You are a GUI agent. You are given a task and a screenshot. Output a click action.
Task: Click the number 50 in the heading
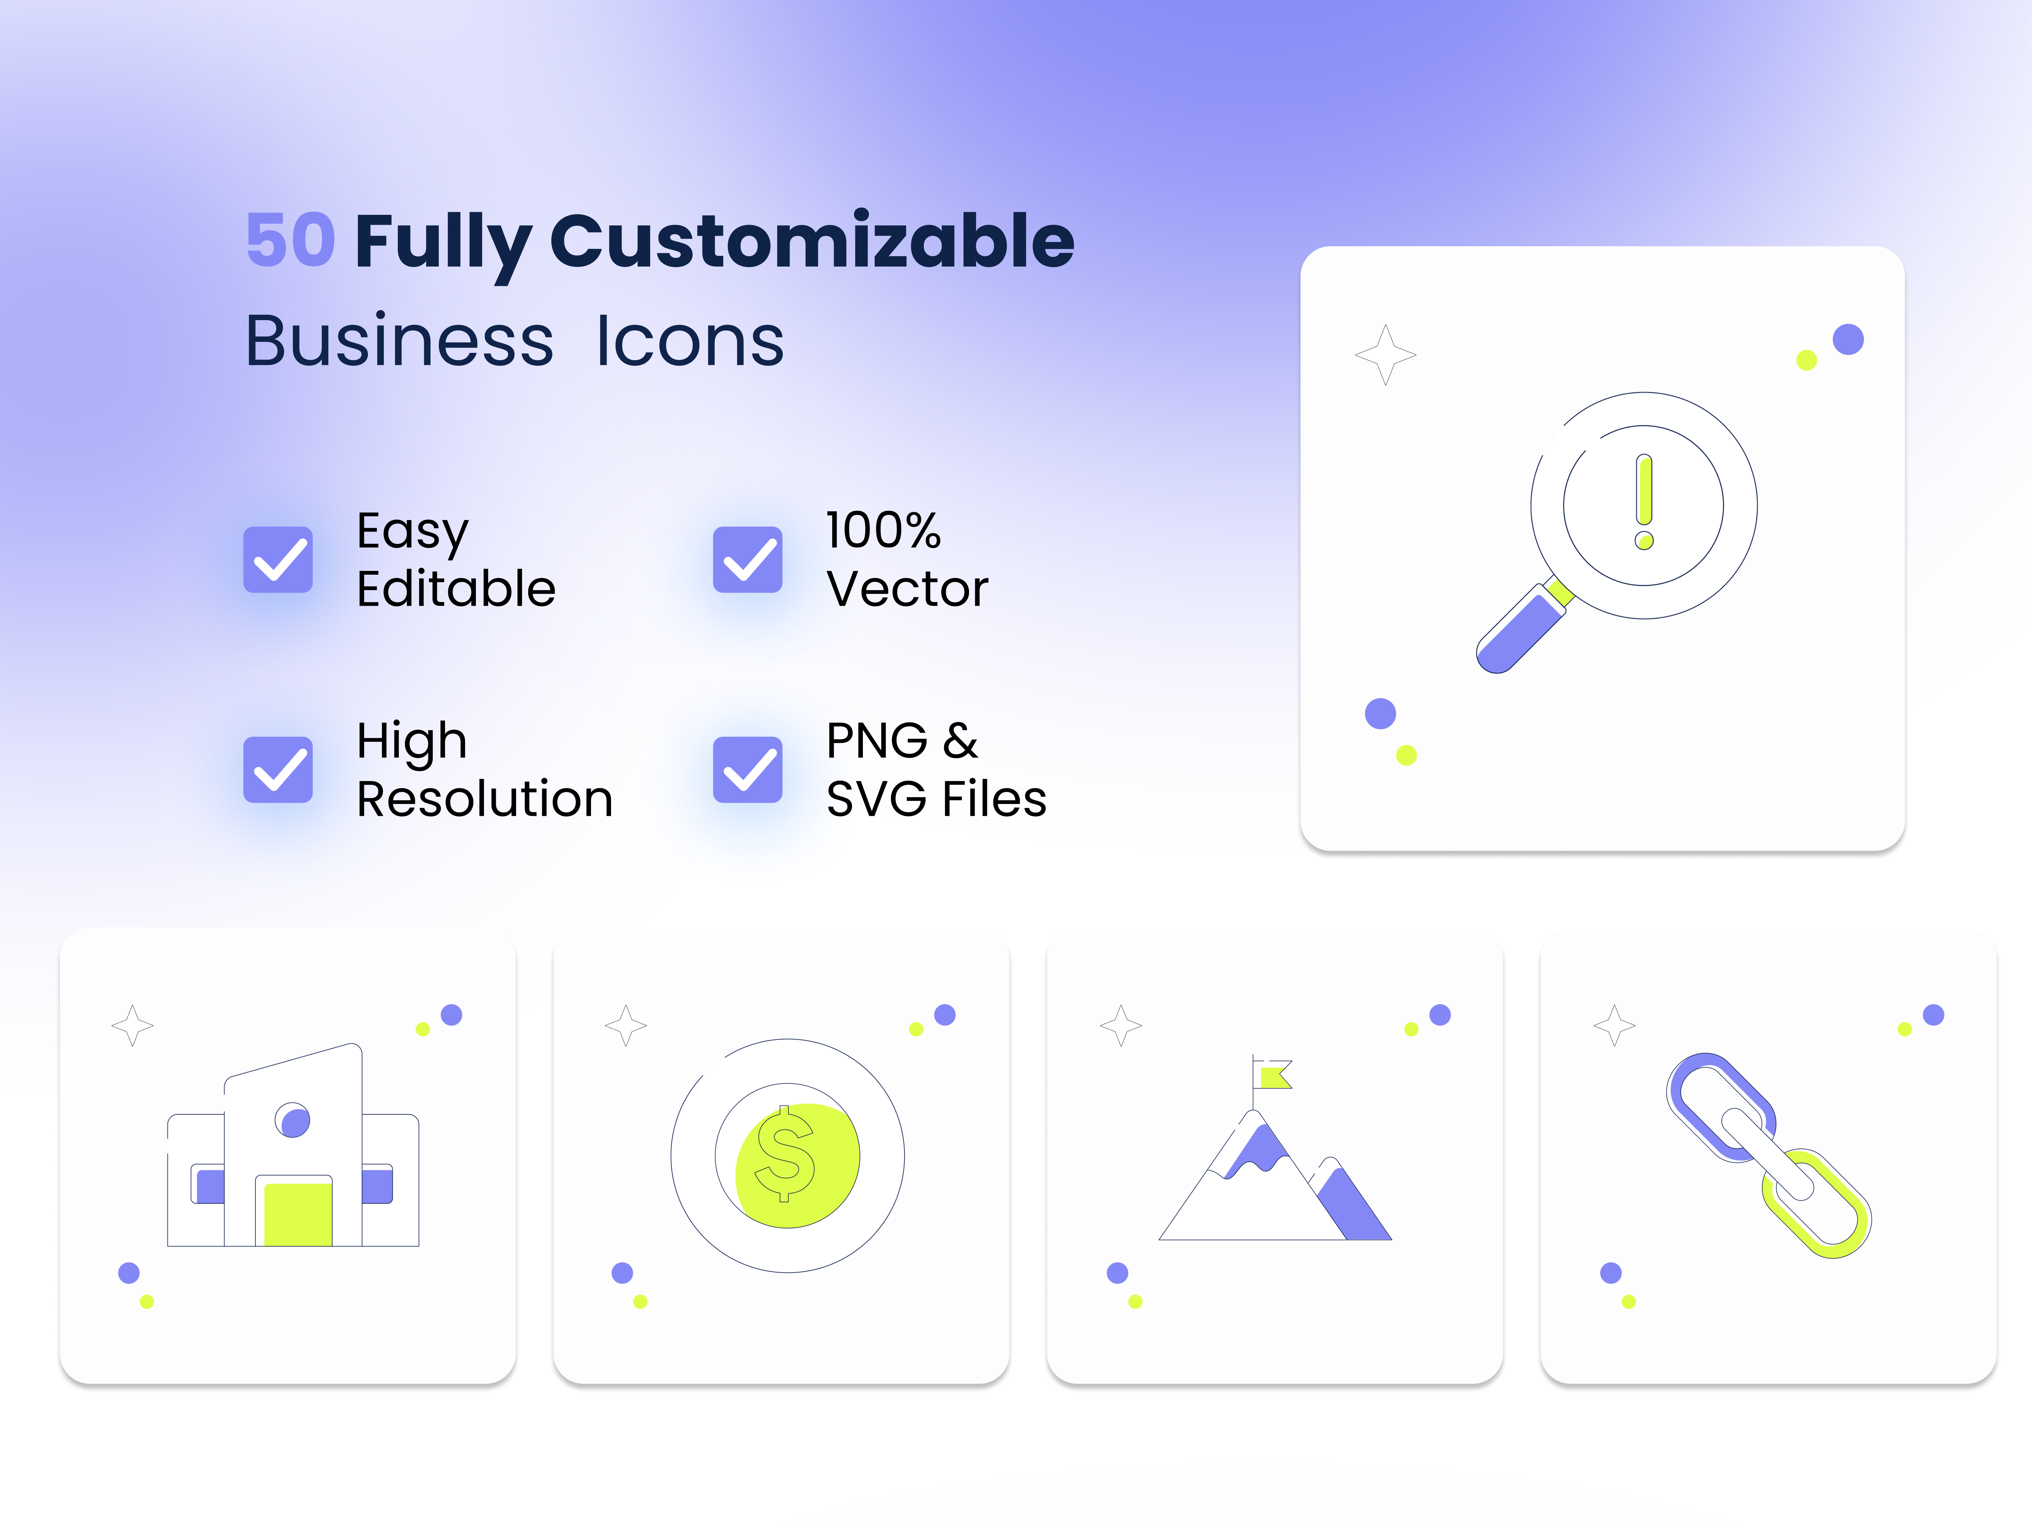click(290, 240)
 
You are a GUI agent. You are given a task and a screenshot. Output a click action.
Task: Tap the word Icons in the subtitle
click(690, 341)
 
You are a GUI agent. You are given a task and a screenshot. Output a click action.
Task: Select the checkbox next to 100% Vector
click(748, 559)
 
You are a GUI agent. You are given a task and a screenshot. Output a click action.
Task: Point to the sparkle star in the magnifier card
click(1385, 355)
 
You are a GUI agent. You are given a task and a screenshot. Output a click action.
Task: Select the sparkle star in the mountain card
click(1121, 1025)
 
